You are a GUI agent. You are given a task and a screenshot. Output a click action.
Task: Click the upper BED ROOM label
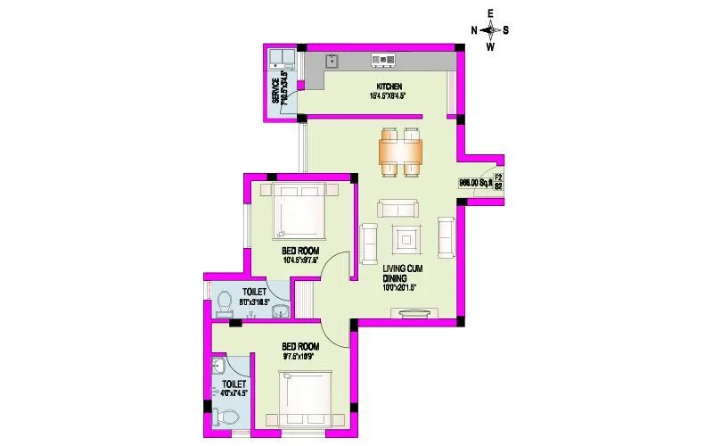[x=300, y=252]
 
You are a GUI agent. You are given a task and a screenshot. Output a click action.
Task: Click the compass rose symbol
[x=490, y=29]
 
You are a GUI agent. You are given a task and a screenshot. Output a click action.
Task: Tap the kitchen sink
[x=332, y=61]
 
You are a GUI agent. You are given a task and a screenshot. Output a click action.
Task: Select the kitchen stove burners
[x=384, y=61]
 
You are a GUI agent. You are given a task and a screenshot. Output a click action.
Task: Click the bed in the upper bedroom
[x=300, y=211]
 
